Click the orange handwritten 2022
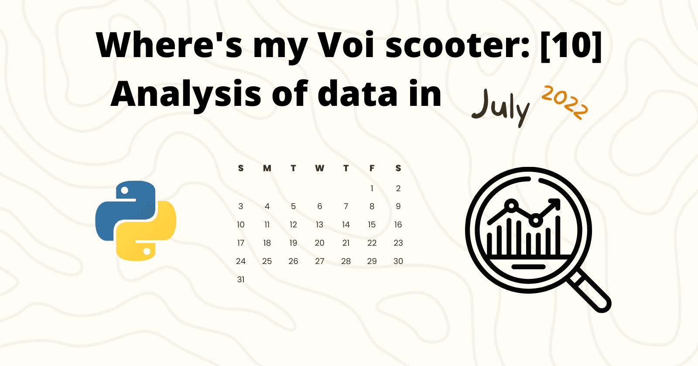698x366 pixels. point(565,102)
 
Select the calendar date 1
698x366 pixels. point(372,188)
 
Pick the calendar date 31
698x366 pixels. point(241,280)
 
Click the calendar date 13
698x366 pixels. point(319,225)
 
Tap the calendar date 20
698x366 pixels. point(319,243)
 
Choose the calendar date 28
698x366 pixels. point(346,261)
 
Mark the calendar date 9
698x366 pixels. point(398,207)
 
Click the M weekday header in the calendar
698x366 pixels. point(267,168)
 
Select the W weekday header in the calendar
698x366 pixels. point(319,168)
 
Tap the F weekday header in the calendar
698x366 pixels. point(372,168)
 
